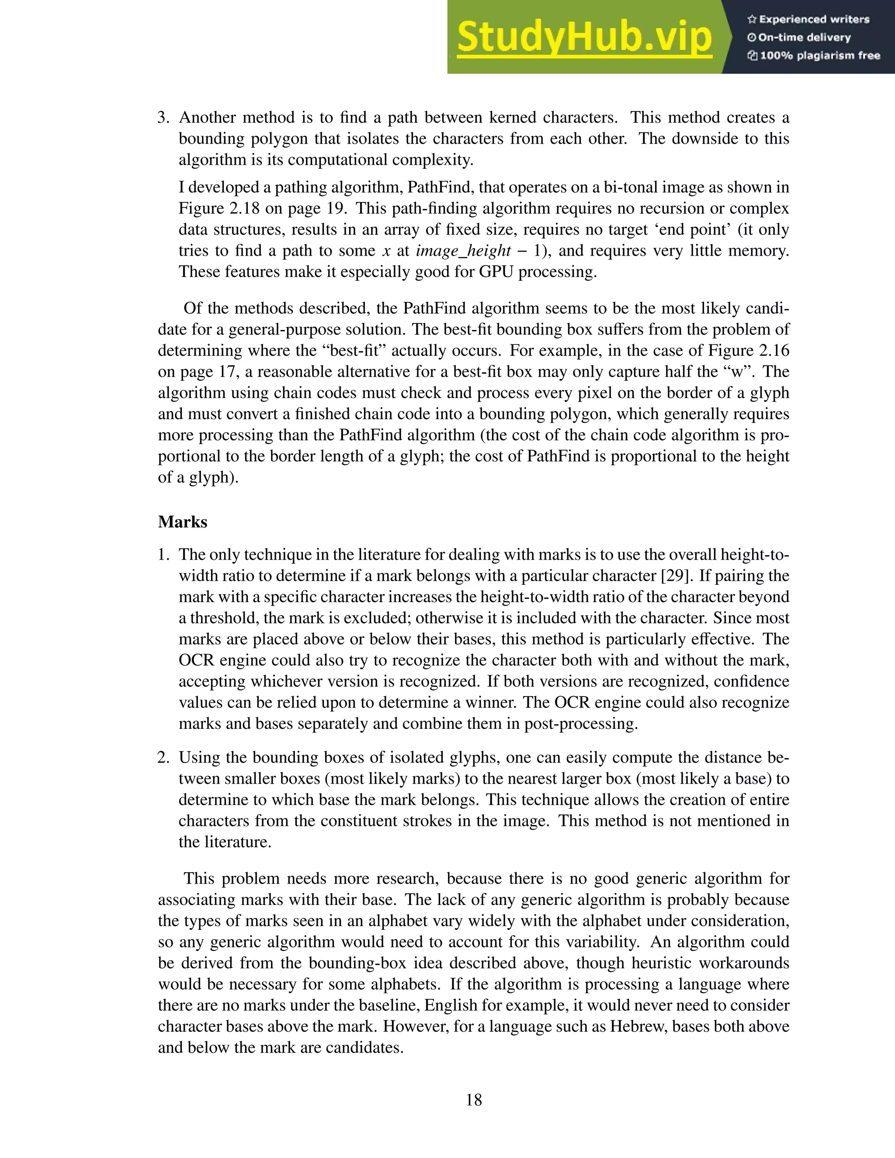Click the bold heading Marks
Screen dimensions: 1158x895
click(x=182, y=522)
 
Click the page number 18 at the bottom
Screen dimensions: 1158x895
click(x=473, y=1100)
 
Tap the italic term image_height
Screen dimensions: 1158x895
click(x=463, y=251)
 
